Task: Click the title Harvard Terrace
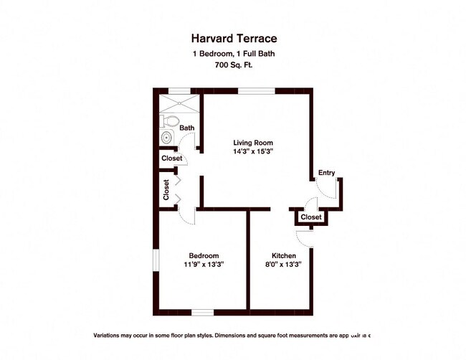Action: coord(233,39)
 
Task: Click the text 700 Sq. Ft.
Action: coord(233,65)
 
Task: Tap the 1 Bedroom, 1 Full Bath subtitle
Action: coord(233,54)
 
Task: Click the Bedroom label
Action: coord(204,256)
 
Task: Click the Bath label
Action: coord(186,128)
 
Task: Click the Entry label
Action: coord(326,173)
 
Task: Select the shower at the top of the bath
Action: coord(180,101)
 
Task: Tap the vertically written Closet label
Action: coord(166,190)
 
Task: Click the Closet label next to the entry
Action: coord(311,217)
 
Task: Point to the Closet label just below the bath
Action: coord(171,158)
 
